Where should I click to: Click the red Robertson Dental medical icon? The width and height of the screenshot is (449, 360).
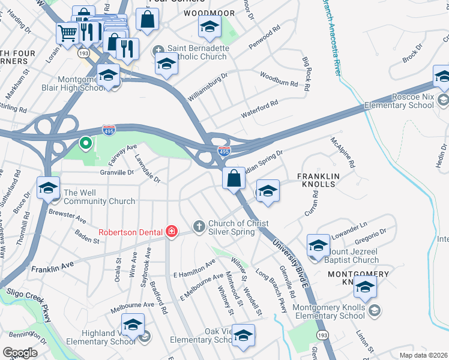pyautogui.click(x=172, y=232)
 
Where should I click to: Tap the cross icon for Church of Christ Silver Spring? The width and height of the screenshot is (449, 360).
pyautogui.click(x=199, y=227)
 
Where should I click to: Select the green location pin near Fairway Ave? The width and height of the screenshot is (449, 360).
pyautogui.click(x=85, y=144)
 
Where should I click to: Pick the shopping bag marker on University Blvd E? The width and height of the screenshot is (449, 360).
pyautogui.click(x=233, y=178)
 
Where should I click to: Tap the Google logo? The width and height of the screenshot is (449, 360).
pyautogui.click(x=20, y=352)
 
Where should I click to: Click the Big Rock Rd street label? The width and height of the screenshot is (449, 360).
pyautogui.click(x=307, y=74)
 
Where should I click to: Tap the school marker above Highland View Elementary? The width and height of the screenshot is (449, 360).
pyautogui.click(x=133, y=325)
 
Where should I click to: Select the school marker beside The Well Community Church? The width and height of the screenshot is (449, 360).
pyautogui.click(x=49, y=188)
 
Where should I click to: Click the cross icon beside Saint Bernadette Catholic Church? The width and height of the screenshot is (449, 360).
pyautogui.click(x=158, y=51)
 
